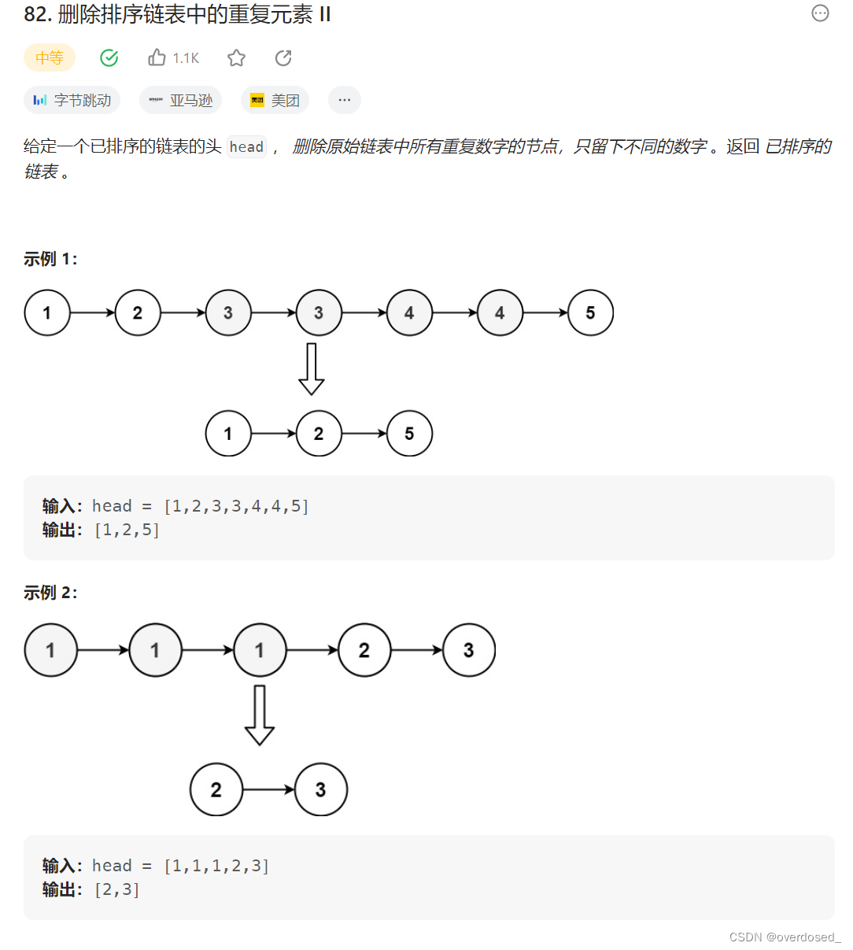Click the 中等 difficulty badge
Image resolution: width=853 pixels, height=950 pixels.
pyautogui.click(x=50, y=57)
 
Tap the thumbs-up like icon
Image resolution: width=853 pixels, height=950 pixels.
pyautogui.click(x=157, y=57)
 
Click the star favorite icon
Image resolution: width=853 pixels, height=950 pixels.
pyautogui.click(x=236, y=57)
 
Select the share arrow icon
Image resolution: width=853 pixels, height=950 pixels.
pyautogui.click(x=283, y=57)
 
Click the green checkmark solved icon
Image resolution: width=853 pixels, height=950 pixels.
pyautogui.click(x=109, y=57)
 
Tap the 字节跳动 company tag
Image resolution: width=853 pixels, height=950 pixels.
pyautogui.click(x=72, y=100)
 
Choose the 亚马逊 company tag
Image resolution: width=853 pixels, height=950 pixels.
pyautogui.click(x=181, y=100)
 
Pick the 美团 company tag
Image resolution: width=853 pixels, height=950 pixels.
pyautogui.click(x=275, y=100)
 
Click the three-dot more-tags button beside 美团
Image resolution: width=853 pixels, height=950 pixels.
pyautogui.click(x=345, y=100)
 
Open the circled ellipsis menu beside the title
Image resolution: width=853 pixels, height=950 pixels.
pyautogui.click(x=820, y=13)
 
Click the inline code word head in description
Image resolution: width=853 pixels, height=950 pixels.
pyautogui.click(x=246, y=147)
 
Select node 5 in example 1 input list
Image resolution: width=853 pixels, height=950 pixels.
pyautogui.click(x=590, y=313)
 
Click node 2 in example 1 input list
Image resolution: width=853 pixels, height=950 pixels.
pyautogui.click(x=138, y=313)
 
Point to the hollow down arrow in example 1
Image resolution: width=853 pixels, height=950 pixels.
pyautogui.click(x=312, y=369)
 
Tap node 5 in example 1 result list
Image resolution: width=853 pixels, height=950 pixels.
pyautogui.click(x=409, y=434)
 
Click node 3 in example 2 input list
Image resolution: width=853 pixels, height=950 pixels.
pyautogui.click(x=469, y=650)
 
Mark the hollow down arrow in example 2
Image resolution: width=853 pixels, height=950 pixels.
pyautogui.click(x=260, y=715)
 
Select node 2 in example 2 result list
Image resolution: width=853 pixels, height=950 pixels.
pyautogui.click(x=216, y=789)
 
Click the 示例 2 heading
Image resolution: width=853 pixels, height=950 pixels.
pyautogui.click(x=50, y=593)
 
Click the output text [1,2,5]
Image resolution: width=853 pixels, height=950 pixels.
pyautogui.click(x=127, y=530)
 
